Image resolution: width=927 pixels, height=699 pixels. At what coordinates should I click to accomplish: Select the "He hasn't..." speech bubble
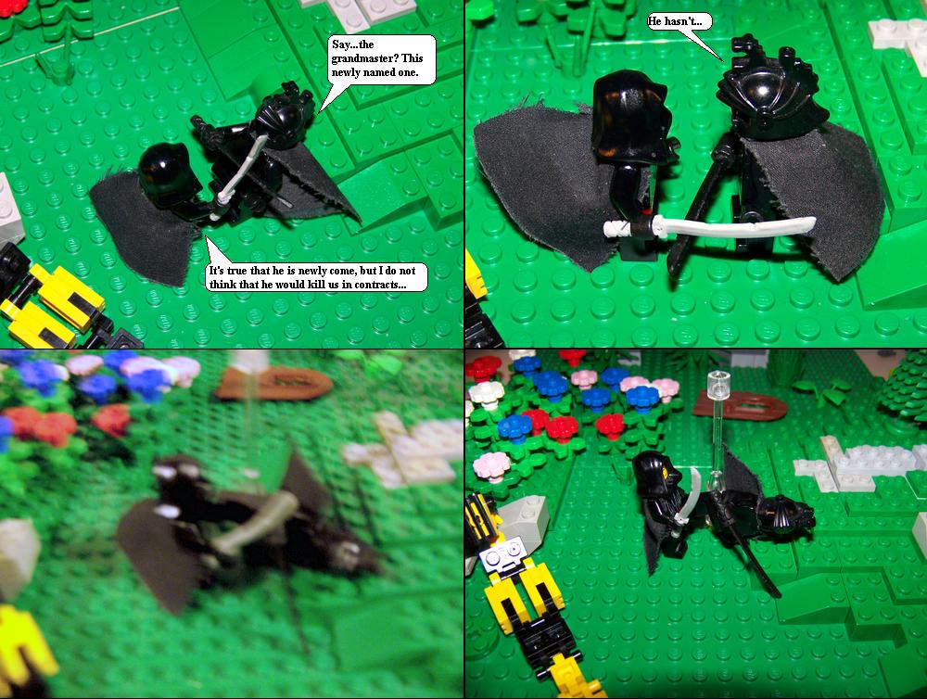pyautogui.click(x=679, y=22)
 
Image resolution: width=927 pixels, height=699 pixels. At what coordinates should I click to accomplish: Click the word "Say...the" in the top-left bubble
pyautogui.click(x=353, y=44)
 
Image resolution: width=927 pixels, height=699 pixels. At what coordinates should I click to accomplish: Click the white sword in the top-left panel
pyautogui.click(x=239, y=172)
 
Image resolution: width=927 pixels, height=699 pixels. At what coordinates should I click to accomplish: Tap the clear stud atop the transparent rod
pyautogui.click(x=718, y=378)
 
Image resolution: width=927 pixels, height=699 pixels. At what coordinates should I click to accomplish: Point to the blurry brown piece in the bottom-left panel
pyautogui.click(x=275, y=383)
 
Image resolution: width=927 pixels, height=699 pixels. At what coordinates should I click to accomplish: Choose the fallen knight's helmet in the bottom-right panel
pyautogui.click(x=787, y=515)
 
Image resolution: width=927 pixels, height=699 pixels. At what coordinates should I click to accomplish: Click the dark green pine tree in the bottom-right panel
pyautogui.click(x=902, y=390)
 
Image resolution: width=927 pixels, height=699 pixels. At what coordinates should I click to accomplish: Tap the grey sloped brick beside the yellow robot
pyautogui.click(x=523, y=517)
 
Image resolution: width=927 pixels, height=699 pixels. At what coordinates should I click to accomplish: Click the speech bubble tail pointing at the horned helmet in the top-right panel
pyautogui.click(x=704, y=44)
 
